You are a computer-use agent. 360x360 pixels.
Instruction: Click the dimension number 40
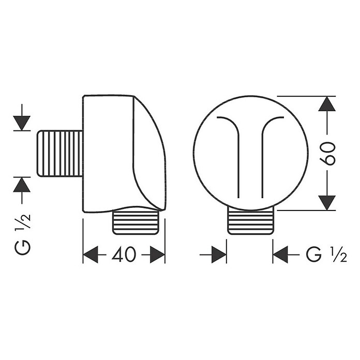pyautogui.click(x=124, y=254)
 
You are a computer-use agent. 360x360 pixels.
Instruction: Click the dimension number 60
pyautogui.click(x=327, y=154)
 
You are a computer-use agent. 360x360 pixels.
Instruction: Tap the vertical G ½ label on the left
pyautogui.click(x=23, y=234)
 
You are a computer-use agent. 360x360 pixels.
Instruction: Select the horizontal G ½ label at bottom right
pyautogui.click(x=326, y=254)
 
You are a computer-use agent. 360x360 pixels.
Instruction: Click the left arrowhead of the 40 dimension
pyautogui.click(x=91, y=254)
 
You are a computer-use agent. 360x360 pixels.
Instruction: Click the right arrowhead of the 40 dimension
pyautogui.click(x=157, y=254)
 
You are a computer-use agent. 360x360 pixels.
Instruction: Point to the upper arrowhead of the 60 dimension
pyautogui.click(x=327, y=104)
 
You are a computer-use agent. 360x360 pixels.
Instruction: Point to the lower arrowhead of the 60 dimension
pyautogui.click(x=327, y=203)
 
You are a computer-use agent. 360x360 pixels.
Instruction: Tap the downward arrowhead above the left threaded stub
pyautogui.click(x=22, y=123)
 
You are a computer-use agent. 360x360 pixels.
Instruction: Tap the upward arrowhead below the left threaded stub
pyautogui.click(x=22, y=185)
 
